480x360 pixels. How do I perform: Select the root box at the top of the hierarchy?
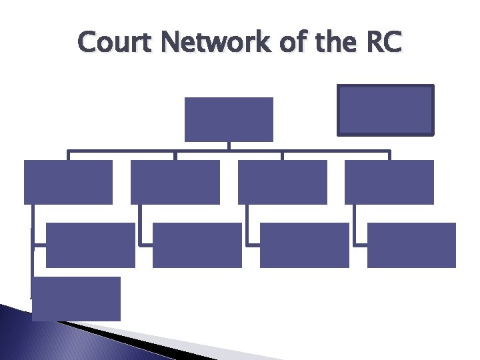pos(229,119)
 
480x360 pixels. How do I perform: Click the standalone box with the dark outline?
pos(385,110)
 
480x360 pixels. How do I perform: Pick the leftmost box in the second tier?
pos(68,182)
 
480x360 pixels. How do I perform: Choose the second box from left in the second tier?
pos(175,182)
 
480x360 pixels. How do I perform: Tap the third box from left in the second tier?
pos(282,182)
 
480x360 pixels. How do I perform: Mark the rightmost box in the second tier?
pos(389,182)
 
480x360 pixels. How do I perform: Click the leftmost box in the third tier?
pos(91,245)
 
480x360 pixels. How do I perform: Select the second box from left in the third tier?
pos(197,245)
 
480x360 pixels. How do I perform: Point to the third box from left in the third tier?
pos(304,245)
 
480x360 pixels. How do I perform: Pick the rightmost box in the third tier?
pos(411,245)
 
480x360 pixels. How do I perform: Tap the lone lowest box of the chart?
pos(76,299)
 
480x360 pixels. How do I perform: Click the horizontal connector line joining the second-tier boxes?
pos(200,151)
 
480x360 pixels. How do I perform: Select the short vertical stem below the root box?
pos(229,146)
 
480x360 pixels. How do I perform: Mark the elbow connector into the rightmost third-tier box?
pos(356,230)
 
